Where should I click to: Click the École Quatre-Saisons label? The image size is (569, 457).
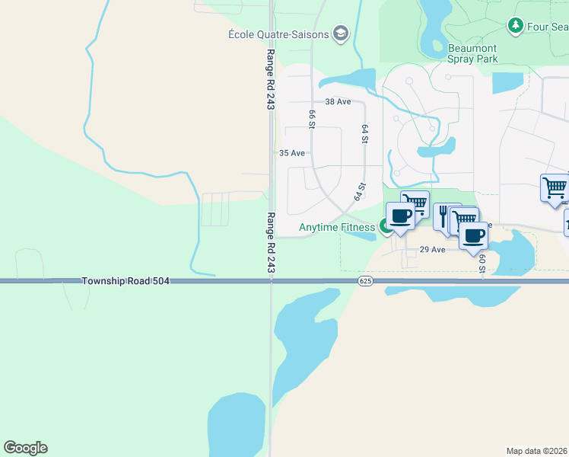click(x=279, y=34)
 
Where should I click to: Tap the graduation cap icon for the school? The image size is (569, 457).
click(x=341, y=33)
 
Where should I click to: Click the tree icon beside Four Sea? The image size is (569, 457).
click(x=517, y=27)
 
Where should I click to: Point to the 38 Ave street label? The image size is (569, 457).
click(x=338, y=101)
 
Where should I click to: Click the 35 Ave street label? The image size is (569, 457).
click(x=292, y=153)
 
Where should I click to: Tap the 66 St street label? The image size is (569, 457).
click(x=312, y=119)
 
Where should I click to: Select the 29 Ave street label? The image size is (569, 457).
click(x=433, y=249)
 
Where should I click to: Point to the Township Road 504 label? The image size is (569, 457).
click(x=126, y=281)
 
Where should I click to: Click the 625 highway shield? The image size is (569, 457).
click(x=364, y=281)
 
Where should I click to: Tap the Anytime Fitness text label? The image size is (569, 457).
click(x=337, y=227)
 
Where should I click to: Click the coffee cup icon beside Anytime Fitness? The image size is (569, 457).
click(x=400, y=215)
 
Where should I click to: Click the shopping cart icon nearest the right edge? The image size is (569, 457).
click(x=555, y=187)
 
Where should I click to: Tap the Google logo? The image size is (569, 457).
click(x=25, y=448)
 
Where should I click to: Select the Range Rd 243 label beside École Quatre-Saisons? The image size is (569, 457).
click(x=270, y=80)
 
